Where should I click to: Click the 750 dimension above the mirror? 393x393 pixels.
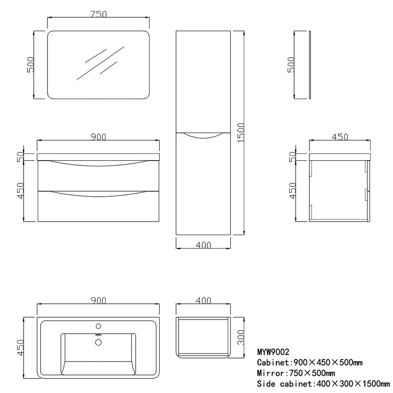pyautogui.click(x=99, y=14)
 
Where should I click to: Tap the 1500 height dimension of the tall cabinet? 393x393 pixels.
pyautogui.click(x=241, y=133)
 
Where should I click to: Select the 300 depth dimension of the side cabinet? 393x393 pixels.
pyautogui.click(x=241, y=337)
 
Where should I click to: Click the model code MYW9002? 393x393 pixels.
pyautogui.click(x=273, y=352)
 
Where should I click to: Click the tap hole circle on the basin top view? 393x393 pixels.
pyautogui.click(x=99, y=326)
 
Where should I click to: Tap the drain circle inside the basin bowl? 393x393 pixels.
pyautogui.click(x=99, y=342)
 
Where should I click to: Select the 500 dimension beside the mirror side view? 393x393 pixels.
pyautogui.click(x=291, y=65)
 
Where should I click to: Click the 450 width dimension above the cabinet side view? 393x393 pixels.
pyautogui.click(x=340, y=137)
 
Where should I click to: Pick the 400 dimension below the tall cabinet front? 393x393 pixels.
pyautogui.click(x=203, y=245)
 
